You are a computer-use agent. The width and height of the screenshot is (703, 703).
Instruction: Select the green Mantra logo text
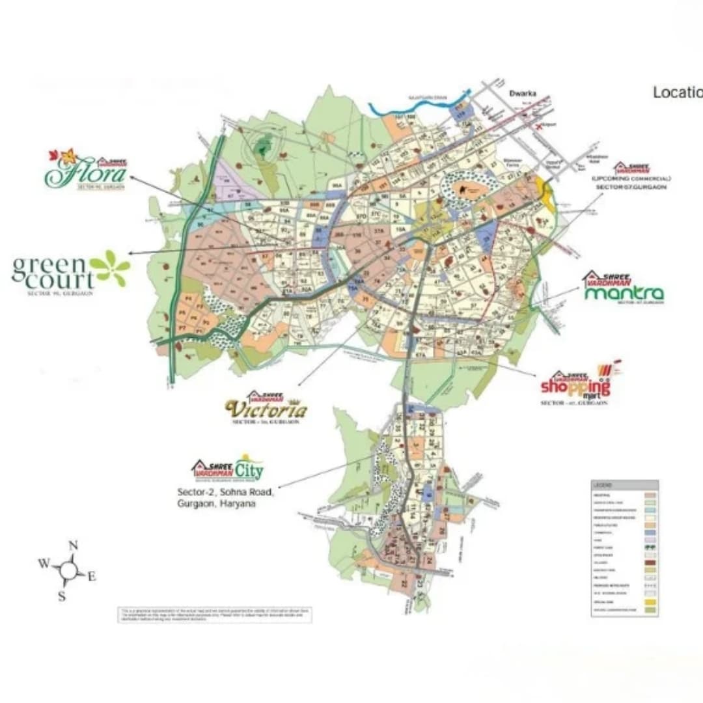(624, 294)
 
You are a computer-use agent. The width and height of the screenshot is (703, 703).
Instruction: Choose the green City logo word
(249, 469)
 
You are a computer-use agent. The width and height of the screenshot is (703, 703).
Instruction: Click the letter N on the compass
(74, 545)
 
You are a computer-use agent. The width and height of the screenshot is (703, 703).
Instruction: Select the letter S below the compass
(62, 596)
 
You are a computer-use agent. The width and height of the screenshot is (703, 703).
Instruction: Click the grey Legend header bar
(624, 485)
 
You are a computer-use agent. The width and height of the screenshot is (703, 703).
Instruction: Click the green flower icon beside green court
(110, 268)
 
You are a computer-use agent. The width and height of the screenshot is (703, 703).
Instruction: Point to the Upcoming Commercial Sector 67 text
(631, 182)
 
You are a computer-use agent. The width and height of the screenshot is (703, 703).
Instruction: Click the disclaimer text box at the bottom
(214, 614)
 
